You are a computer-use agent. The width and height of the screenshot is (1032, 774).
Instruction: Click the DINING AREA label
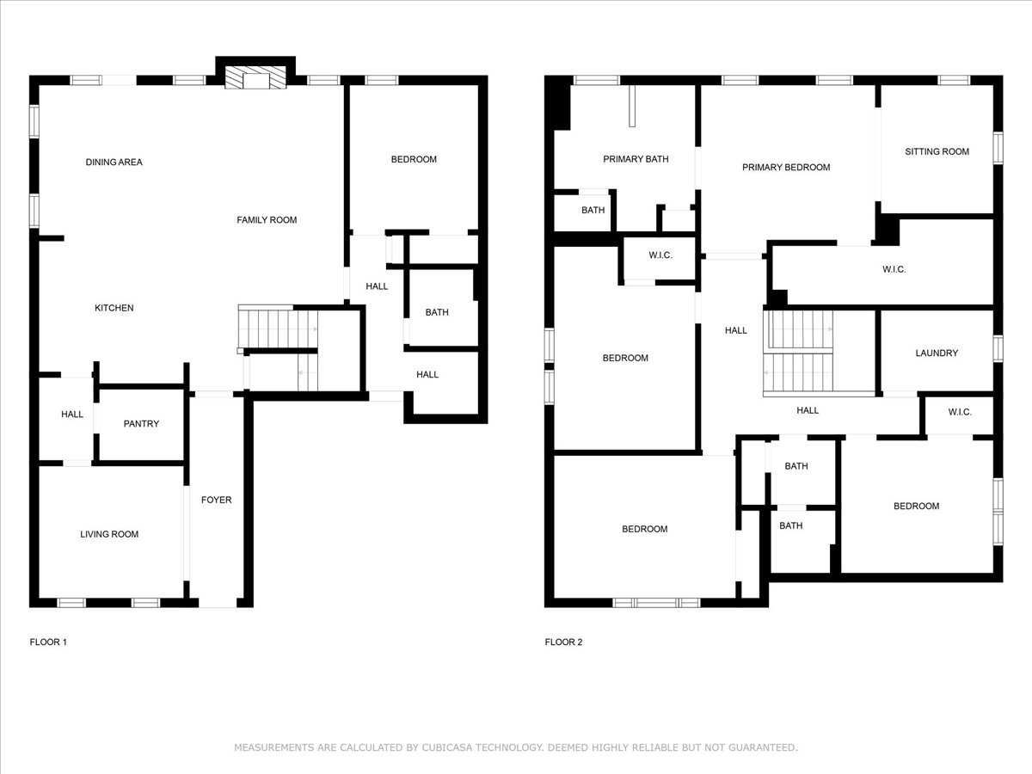114,162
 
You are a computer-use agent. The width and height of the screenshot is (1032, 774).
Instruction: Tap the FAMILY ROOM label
267,220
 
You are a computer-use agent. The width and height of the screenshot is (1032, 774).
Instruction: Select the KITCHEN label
114,308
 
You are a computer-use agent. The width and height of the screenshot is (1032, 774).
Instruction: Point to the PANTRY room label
141,424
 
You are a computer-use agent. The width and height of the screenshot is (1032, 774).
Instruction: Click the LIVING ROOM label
109,534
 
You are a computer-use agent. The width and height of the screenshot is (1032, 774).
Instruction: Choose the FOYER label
216,500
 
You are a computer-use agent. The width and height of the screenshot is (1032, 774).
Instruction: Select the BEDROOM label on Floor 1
414,159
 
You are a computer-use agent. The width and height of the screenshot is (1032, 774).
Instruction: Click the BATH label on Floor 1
437,312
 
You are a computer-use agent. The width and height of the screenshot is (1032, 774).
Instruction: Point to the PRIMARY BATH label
636,159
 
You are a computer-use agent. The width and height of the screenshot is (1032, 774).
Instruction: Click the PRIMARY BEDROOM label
786,168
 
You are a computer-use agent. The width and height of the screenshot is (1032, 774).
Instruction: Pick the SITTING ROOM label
937,151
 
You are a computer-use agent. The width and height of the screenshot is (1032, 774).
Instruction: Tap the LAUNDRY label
937,353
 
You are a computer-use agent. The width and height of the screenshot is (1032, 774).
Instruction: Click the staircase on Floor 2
800,353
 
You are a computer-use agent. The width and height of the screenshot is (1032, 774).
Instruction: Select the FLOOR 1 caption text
48,642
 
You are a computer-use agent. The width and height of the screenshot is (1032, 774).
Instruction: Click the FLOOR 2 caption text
563,642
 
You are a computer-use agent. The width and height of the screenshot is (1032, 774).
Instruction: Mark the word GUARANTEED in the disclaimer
762,747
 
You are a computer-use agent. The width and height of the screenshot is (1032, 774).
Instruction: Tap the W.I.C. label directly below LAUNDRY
960,412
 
